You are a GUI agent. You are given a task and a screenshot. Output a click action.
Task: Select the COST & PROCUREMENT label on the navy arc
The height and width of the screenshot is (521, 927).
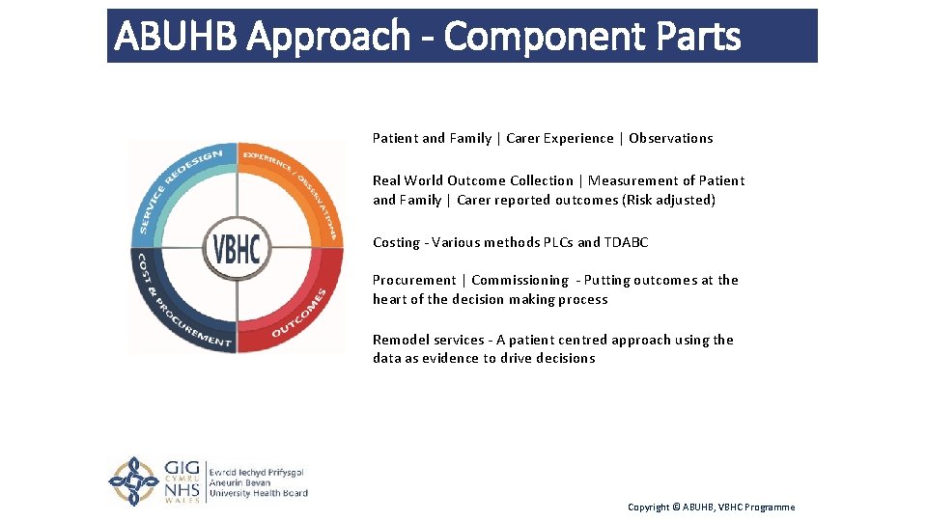175,309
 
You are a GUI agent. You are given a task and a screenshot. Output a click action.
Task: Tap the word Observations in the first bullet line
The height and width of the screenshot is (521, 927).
670,138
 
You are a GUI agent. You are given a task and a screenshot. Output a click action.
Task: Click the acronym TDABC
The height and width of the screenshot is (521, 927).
626,242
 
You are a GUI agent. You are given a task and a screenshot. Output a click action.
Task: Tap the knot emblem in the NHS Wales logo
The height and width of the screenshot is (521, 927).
133,480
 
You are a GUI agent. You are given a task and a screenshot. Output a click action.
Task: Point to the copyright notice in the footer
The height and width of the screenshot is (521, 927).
711,507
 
